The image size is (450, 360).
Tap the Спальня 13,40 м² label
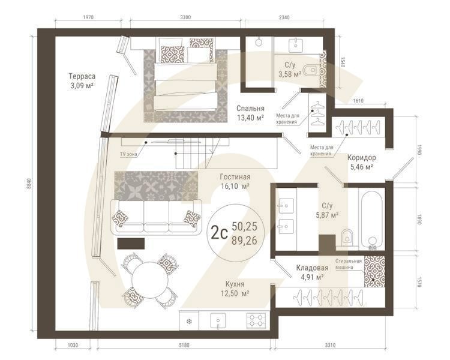click(x=251, y=113)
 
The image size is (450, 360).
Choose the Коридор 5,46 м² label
click(x=361, y=162)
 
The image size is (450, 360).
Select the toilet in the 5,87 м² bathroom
click(x=346, y=238)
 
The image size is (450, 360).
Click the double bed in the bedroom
click(x=186, y=75)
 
